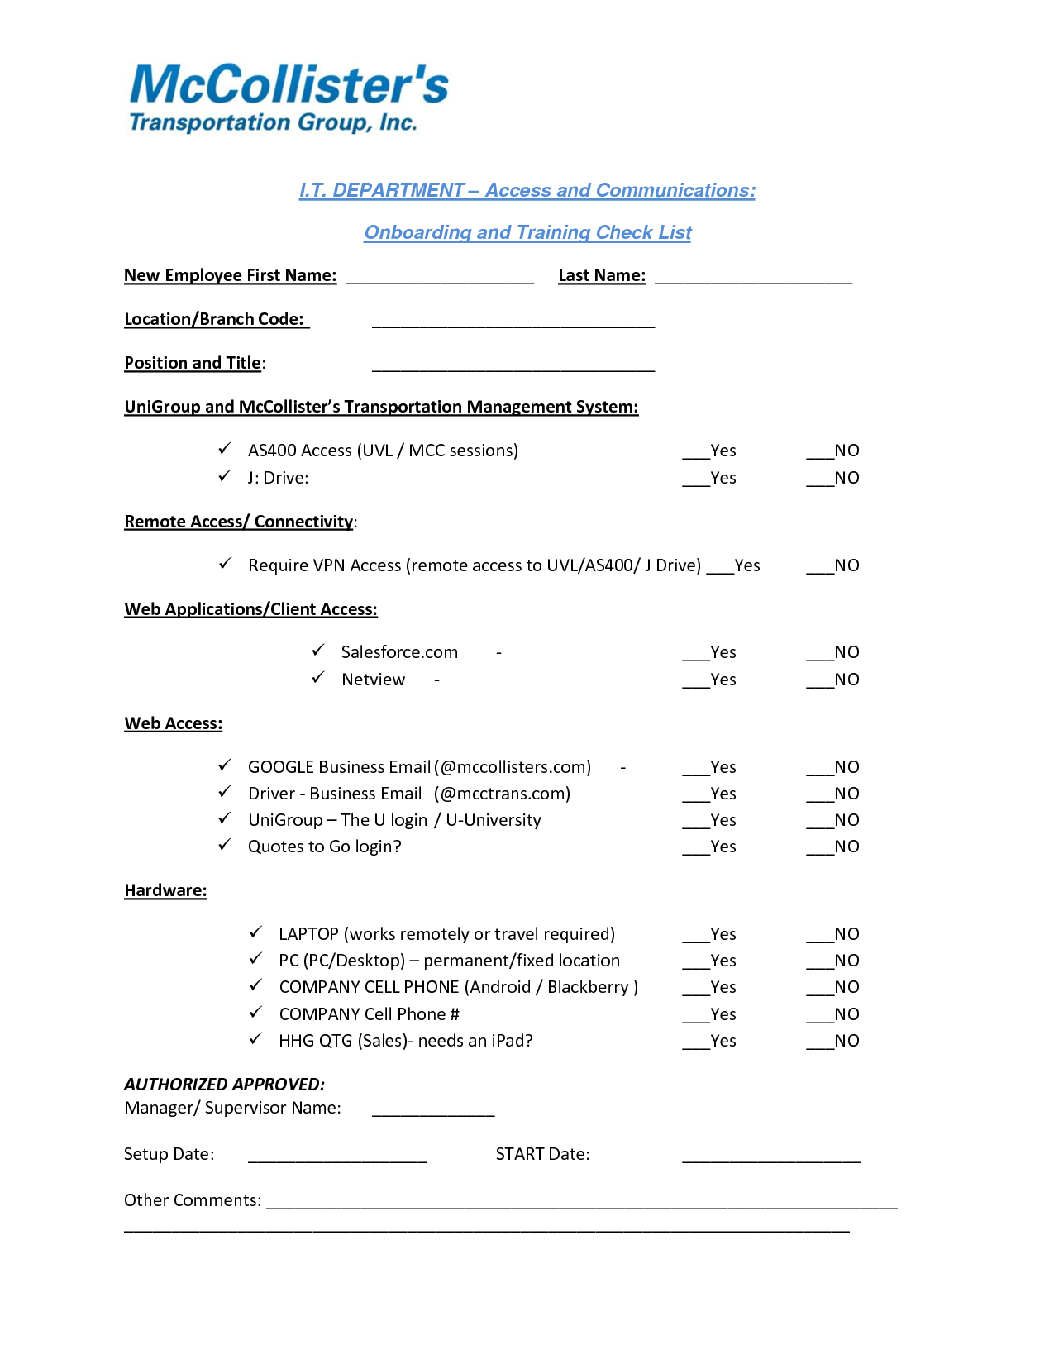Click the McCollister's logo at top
pyautogui.click(x=289, y=98)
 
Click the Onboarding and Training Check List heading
pyautogui.click(x=527, y=232)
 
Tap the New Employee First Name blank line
pyautogui.click(x=440, y=279)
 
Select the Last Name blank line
pyautogui.click(x=753, y=279)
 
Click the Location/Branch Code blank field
pyautogui.click(x=513, y=323)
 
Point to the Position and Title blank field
pyautogui.click(x=513, y=367)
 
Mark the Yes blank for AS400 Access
pyautogui.click(x=695, y=454)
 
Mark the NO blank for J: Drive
pyautogui.click(x=819, y=481)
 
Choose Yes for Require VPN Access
pyautogui.click(x=719, y=569)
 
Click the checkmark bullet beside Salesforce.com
pyautogui.click(x=318, y=651)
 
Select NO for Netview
pyautogui.click(x=819, y=683)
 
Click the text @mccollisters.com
pyautogui.click(x=516, y=767)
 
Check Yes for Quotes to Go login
pyautogui.click(x=695, y=850)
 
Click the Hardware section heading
pyautogui.click(x=165, y=890)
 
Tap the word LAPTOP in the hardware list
pyautogui.click(x=308, y=934)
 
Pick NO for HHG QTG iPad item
pyautogui.click(x=819, y=1044)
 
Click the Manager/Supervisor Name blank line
pyautogui.click(x=433, y=1112)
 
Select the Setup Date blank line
pyautogui.click(x=337, y=1158)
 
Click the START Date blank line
pyautogui.click(x=771, y=1158)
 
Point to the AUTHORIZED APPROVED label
pyautogui.click(x=224, y=1084)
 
